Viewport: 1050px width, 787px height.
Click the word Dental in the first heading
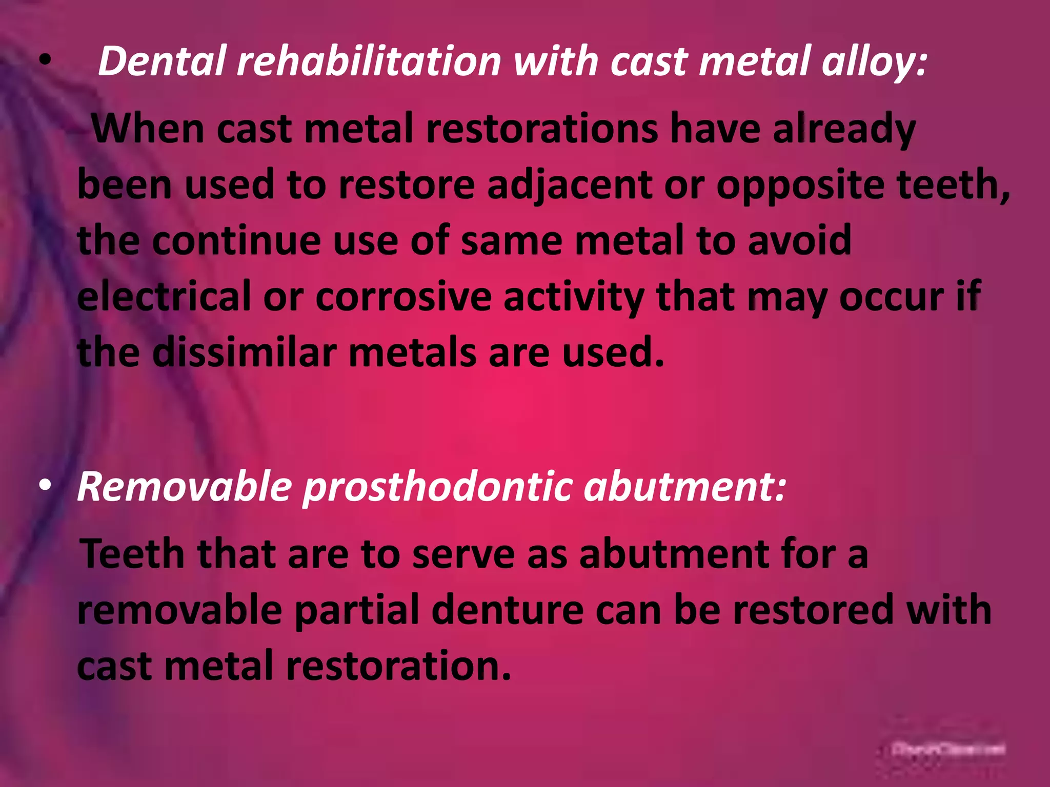click(x=162, y=61)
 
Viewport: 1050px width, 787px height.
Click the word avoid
click(x=799, y=240)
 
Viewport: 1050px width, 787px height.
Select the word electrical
click(x=164, y=297)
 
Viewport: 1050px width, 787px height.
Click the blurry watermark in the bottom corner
click(x=948, y=749)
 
